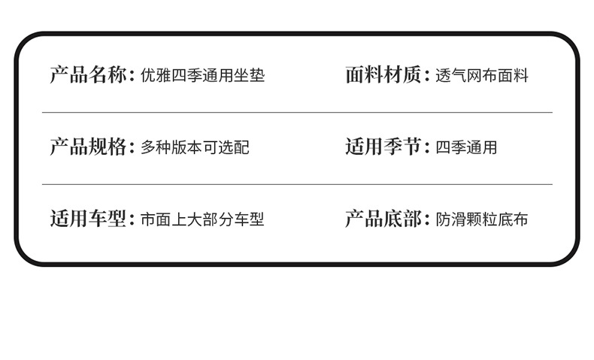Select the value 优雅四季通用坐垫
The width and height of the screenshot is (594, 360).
point(202,76)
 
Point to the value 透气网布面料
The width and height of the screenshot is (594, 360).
point(481,76)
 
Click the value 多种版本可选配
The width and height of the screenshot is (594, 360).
point(195,148)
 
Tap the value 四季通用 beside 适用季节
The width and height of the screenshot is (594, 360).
point(465,148)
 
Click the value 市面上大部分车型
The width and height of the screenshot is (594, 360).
point(202,220)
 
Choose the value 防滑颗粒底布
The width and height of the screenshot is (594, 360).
point(481,220)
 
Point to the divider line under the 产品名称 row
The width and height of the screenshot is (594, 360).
point(297,112)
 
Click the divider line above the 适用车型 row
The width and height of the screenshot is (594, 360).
point(297,184)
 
